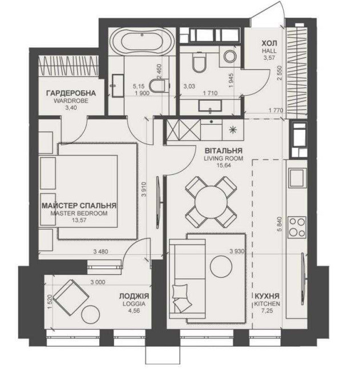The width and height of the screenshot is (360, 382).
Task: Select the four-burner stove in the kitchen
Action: pyautogui.click(x=297, y=227)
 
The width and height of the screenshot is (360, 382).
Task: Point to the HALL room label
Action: pyautogui.click(x=269, y=51)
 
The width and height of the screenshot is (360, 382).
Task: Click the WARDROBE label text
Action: pyautogui.click(x=71, y=100)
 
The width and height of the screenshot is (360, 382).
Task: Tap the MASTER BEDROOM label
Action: pyautogui.click(x=79, y=213)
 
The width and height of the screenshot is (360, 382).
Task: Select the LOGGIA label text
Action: pyautogui.click(x=134, y=303)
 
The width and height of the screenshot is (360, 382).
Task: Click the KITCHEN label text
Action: pyautogui.click(x=267, y=303)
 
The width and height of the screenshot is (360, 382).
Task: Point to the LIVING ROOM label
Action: pyautogui.click(x=224, y=158)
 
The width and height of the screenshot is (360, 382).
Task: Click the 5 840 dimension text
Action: pyautogui.click(x=280, y=224)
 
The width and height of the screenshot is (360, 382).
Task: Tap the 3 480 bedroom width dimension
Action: pyautogui.click(x=100, y=251)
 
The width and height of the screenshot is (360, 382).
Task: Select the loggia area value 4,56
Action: pyautogui.click(x=134, y=311)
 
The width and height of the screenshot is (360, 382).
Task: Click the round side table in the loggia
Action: pyautogui.click(x=91, y=314)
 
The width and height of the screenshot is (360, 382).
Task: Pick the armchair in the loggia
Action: pyautogui.click(x=71, y=298)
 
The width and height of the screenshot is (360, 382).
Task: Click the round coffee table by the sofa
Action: pyautogui.click(x=221, y=266)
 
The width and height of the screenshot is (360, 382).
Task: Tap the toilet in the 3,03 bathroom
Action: pyautogui.click(x=199, y=63)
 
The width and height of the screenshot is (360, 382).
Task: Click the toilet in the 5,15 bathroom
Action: pyautogui.click(x=158, y=86)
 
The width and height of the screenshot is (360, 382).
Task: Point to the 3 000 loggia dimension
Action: pyautogui.click(x=98, y=282)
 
